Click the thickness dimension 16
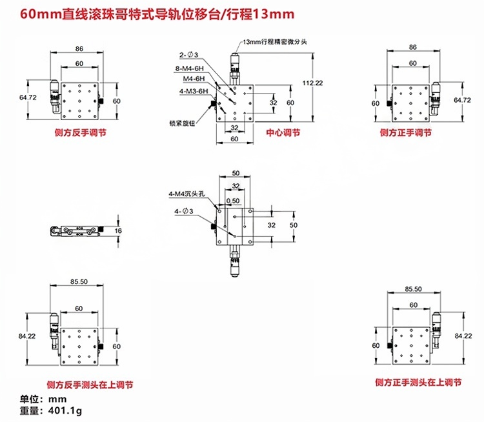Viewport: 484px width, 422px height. (x=118, y=231)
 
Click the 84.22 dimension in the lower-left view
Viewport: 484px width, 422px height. (x=28, y=336)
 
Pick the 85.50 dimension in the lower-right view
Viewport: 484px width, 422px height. (x=413, y=289)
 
